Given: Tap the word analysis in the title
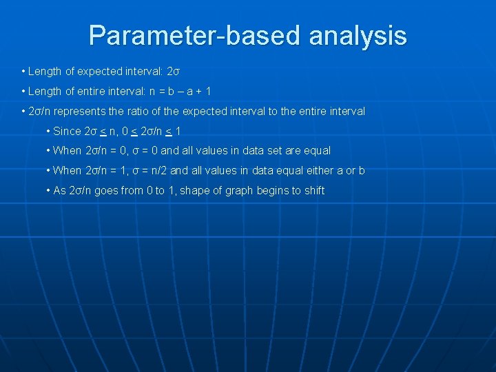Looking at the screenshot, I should coord(358,35).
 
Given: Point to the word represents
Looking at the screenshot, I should coord(85,111).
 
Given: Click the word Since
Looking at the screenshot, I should coord(67,131).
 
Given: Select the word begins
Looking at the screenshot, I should coord(271,190).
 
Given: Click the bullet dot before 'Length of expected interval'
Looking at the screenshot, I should coord(23,72).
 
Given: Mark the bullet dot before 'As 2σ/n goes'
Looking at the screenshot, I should coord(48,190).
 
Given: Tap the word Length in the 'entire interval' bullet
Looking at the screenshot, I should coord(43,92).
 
